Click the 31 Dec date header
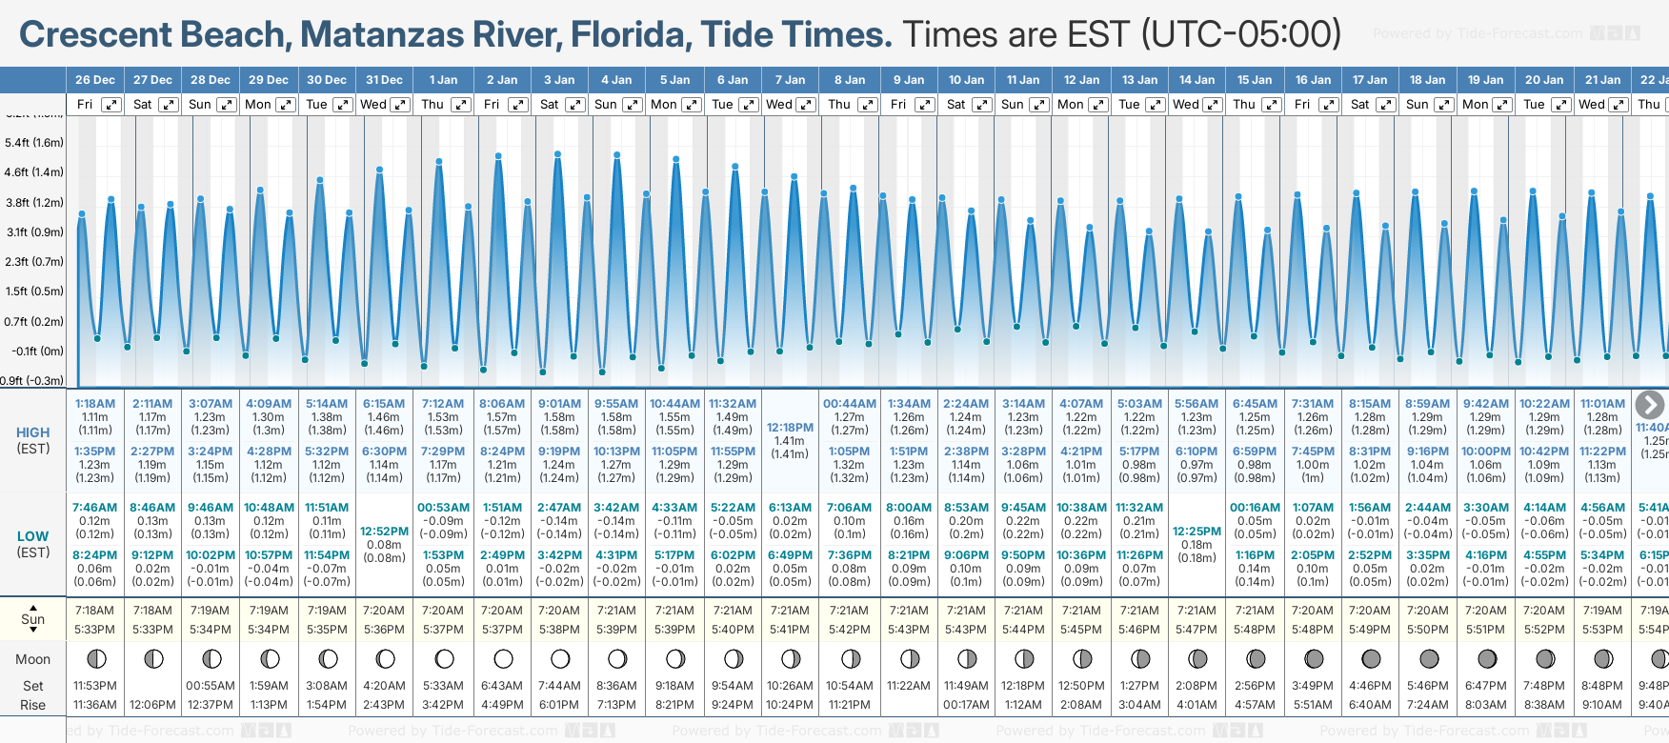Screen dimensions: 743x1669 coord(384,80)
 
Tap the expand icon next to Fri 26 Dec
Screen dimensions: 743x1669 coord(111,105)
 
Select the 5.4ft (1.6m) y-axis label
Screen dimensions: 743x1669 coord(34,143)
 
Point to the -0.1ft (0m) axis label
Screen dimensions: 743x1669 coord(38,351)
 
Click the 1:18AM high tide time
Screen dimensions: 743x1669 coord(94,404)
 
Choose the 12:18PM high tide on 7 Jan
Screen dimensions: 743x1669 coord(790,428)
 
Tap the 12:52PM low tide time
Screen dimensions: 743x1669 coord(384,532)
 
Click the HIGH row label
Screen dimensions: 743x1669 coord(33,432)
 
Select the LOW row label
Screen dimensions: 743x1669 coord(33,536)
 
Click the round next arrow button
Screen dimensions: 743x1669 coord(1649,405)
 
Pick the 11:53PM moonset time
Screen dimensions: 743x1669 coord(94,686)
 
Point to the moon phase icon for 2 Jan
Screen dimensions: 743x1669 coord(502,658)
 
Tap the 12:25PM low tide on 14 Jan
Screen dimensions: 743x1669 coord(1196,532)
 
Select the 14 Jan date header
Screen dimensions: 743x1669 coord(1196,80)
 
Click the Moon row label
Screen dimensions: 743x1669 coord(33,659)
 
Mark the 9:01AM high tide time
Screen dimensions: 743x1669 coord(559,404)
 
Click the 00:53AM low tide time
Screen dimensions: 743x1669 coord(443,508)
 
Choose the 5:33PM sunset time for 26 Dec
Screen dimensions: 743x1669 coord(94,630)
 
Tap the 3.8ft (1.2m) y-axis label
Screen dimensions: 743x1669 coord(34,203)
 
